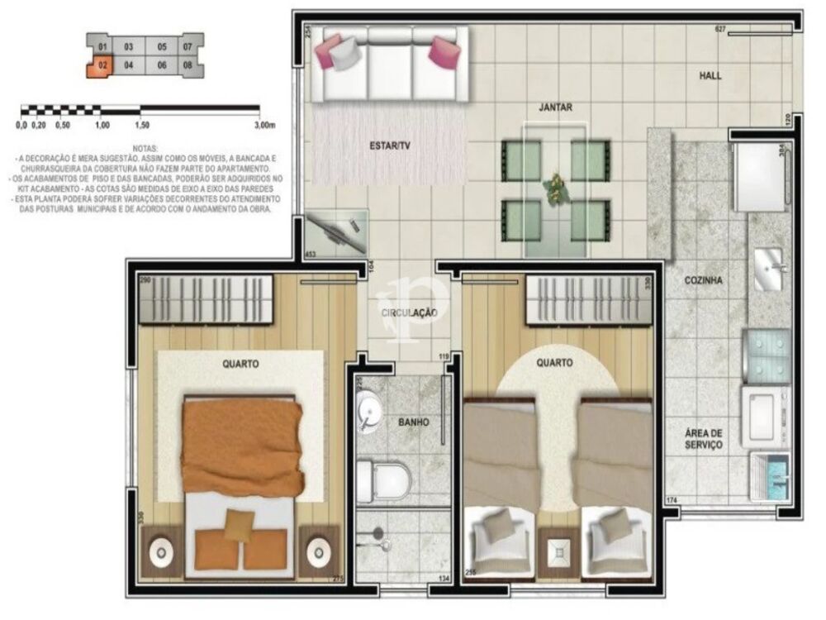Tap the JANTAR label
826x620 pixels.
point(555,107)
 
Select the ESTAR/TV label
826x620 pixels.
point(389,146)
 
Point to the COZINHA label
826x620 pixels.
point(703,280)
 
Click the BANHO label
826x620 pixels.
point(413,422)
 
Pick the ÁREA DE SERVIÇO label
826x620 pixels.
point(703,438)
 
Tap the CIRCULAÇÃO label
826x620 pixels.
point(408,312)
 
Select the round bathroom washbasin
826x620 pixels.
point(369,410)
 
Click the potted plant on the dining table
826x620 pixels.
point(554,188)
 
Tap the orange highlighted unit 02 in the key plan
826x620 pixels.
point(102,64)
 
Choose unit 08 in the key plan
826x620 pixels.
point(188,64)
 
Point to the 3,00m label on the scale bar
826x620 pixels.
point(263,126)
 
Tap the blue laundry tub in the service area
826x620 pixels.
point(771,478)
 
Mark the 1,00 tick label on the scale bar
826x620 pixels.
point(102,126)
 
